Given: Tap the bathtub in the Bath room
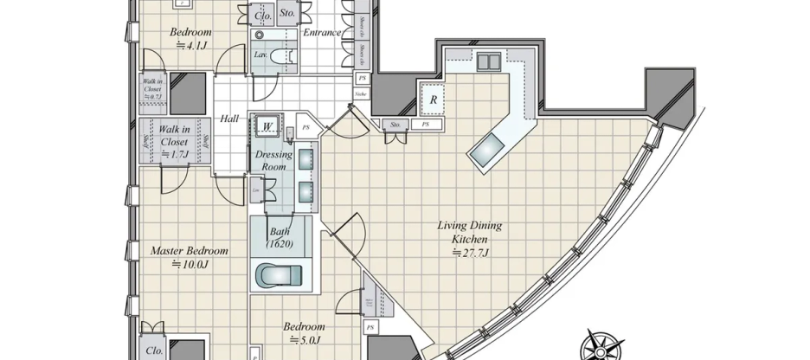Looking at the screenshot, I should (276, 274).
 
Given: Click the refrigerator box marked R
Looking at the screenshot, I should (432, 100).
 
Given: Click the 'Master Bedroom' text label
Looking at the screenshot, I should (189, 251).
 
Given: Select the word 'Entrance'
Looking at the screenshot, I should (321, 33).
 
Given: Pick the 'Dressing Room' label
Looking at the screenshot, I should (274, 160).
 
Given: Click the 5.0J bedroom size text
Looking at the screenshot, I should (304, 340).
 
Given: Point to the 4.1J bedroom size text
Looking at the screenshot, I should (188, 48).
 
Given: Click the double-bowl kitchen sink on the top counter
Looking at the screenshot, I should (488, 60).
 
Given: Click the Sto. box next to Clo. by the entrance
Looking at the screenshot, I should (287, 14).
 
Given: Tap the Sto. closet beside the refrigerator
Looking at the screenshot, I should (396, 125).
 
